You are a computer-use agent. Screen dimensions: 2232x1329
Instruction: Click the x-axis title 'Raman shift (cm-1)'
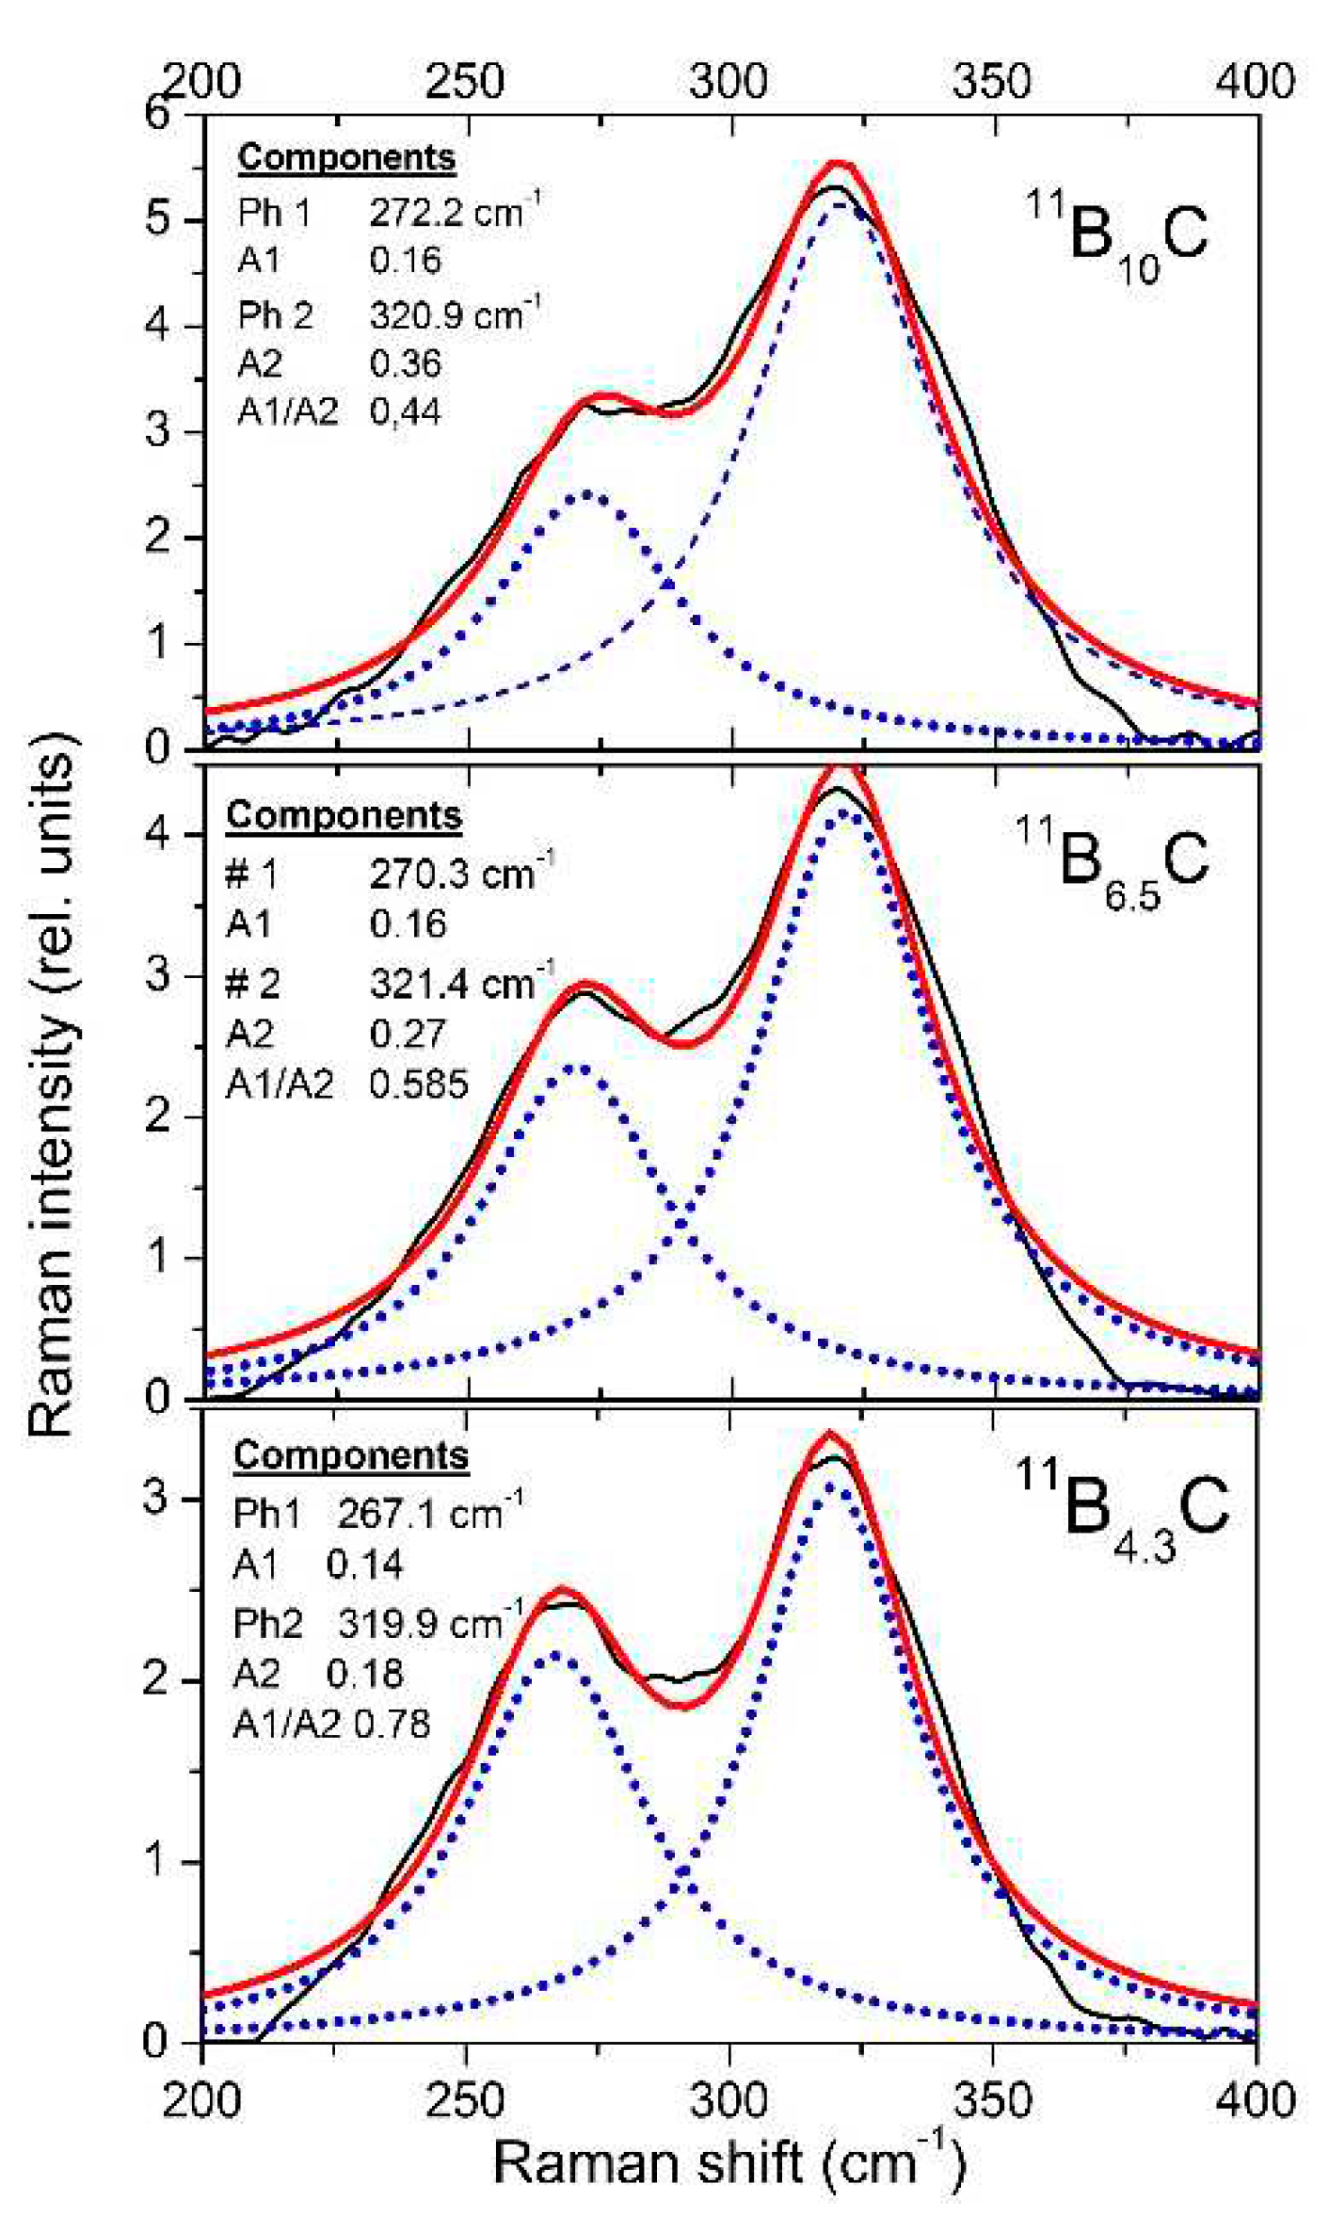[729, 2162]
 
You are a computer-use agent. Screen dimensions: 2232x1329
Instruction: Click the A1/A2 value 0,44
[405, 412]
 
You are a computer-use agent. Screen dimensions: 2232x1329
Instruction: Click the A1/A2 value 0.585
[418, 1085]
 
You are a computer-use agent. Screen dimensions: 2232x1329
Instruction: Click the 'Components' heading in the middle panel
[344, 815]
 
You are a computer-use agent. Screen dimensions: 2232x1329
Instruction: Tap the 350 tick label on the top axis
[990, 82]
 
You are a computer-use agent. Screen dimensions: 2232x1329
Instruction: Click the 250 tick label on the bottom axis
[465, 2100]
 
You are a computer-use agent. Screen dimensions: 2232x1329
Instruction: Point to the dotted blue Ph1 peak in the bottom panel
[554, 1655]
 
